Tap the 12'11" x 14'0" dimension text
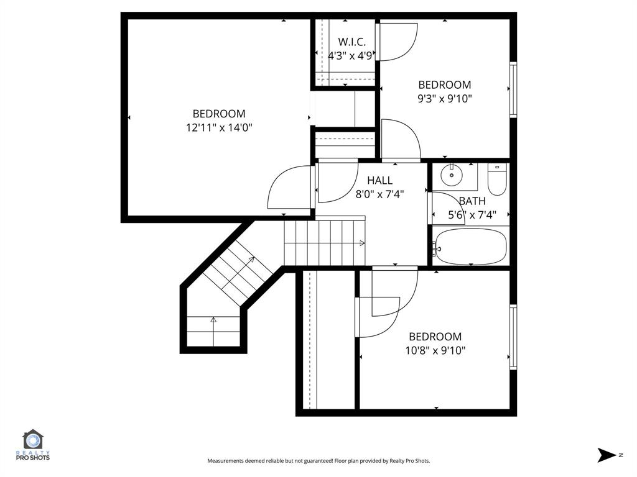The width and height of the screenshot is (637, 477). [219, 127]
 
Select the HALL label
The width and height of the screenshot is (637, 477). [379, 181]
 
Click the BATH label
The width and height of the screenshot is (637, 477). [472, 201]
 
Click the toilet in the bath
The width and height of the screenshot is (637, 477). [497, 179]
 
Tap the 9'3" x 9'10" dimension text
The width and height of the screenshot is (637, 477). [444, 98]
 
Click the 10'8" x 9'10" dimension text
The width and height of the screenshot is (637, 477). [435, 350]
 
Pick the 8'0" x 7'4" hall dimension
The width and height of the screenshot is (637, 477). [379, 194]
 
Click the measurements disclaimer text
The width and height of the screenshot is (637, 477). [318, 461]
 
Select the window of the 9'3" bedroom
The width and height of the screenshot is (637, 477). [513, 89]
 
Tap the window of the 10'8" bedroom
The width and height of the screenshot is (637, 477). [513, 337]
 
